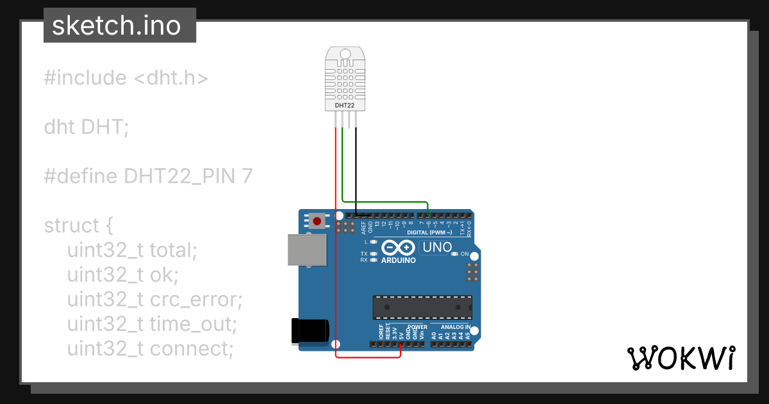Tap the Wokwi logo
680,358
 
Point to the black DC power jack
310,331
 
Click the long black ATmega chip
422,307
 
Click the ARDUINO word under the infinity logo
398,260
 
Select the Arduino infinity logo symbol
398,248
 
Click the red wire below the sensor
335,244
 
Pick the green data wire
343,167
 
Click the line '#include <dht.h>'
126,78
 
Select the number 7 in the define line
247,176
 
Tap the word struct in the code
72,226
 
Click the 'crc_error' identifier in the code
196,299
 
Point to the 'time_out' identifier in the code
194,324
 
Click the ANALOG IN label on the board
456,327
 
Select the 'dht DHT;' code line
87,127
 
